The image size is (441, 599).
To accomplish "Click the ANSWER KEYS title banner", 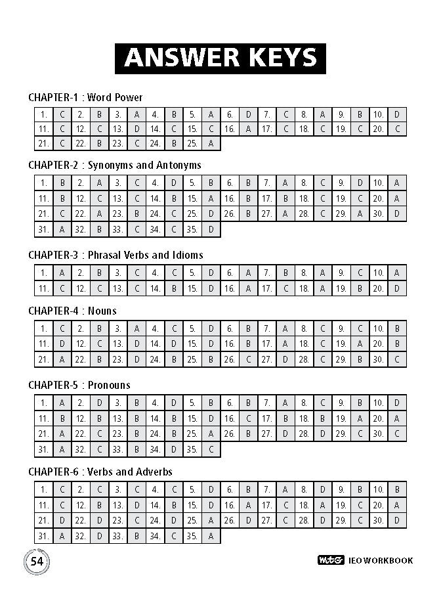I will pos(220,57).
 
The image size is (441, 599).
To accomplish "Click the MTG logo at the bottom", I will pos(327,561).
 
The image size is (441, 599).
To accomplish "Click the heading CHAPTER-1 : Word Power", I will pos(85,97).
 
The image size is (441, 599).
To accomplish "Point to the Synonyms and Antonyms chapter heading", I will pos(115,166).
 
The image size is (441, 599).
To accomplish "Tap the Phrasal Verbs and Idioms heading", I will pos(115,255).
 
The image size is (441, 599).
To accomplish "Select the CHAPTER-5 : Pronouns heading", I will pos(79,385).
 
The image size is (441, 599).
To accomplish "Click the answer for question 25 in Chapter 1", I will pos(211,143).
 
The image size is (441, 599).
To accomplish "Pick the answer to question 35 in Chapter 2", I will pos(211,229).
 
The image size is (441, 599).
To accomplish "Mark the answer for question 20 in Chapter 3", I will pos(397,288).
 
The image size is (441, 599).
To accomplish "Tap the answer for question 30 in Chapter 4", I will pos(397,359).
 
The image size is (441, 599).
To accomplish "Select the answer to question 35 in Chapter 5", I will pos(211,449).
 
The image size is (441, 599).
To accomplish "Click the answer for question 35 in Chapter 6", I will pos(211,536).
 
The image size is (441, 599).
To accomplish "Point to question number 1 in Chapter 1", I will pos(43,114).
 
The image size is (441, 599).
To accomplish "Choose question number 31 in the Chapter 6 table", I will pos(43,536).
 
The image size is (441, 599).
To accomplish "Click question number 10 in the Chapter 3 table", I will pos(379,272).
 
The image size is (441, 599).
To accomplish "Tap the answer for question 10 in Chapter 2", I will pos(397,183).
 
